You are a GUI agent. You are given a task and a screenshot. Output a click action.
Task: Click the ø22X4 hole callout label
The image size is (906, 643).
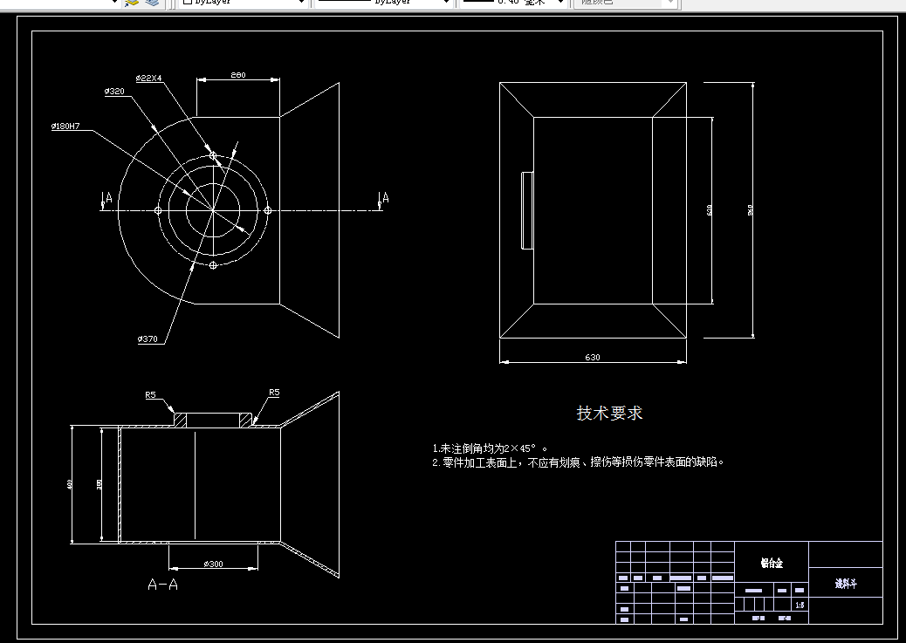coord(148,79)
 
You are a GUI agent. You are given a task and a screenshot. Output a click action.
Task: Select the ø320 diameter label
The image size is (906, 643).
coord(113,91)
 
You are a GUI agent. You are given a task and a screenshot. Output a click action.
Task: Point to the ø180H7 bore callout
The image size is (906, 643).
coord(65,127)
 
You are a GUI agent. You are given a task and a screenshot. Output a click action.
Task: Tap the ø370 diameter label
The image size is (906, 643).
coord(148,339)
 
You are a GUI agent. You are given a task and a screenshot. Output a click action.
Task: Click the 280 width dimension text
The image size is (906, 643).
coord(237,75)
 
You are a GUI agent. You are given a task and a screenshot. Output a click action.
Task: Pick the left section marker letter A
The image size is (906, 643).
coord(108,199)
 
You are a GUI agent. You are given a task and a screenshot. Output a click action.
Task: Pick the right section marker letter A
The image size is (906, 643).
coord(385,198)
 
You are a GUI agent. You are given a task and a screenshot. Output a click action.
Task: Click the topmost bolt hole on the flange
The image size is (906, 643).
coord(213,155)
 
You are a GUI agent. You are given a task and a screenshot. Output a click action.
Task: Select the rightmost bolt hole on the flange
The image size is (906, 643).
coord(268,209)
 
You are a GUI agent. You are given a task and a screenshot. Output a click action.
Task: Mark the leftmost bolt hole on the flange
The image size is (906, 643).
coord(158,210)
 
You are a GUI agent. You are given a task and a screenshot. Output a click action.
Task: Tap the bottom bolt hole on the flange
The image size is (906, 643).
coord(213,264)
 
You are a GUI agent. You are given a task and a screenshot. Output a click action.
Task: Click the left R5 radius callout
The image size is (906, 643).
coord(150,395)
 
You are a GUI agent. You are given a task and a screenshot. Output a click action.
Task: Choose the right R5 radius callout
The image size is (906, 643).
coord(274,393)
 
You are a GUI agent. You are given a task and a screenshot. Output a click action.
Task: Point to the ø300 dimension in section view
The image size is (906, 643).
coord(213,564)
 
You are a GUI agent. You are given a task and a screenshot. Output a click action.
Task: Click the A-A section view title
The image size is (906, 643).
coord(162,585)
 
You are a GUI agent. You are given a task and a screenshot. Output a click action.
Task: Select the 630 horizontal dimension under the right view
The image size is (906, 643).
coord(593,358)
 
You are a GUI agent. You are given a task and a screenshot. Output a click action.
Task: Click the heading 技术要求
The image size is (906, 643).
coord(609,413)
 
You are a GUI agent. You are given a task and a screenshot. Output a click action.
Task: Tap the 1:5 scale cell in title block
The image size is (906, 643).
coord(800,605)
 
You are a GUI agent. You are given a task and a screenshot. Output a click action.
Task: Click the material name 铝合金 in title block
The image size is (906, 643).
coord(772,564)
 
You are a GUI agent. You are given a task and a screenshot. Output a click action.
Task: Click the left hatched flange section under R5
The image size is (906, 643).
coord(181,421)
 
